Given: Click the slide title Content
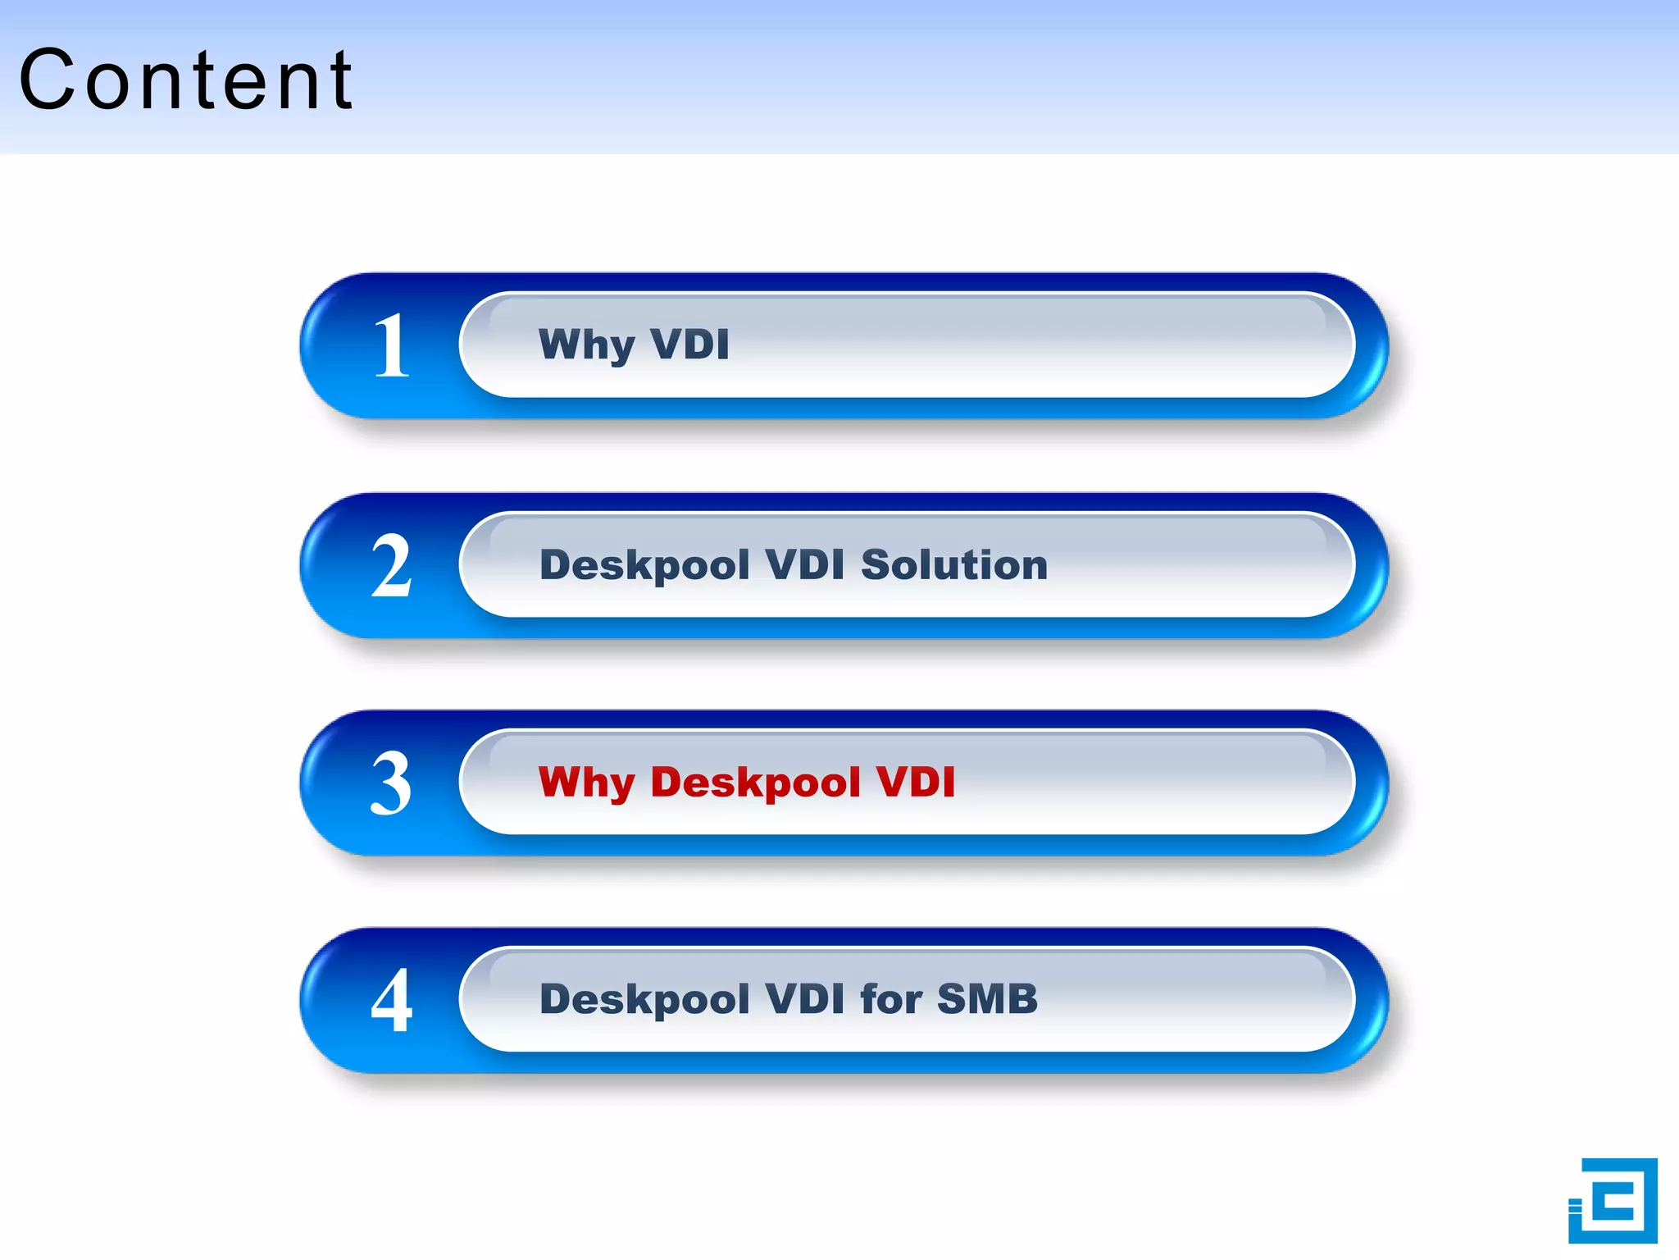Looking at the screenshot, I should point(186,80).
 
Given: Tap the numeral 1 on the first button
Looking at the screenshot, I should point(391,346).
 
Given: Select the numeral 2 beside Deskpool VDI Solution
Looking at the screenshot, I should point(391,566).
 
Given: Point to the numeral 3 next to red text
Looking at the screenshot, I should point(391,783).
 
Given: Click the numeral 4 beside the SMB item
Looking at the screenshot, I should point(391,1000).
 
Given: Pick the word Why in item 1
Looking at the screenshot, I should point(585,345).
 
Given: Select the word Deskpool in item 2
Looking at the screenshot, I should point(644,566).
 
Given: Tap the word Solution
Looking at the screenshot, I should point(954,565).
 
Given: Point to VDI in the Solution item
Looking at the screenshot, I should point(804,565).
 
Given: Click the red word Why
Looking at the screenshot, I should point(585,783).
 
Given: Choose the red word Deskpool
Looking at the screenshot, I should point(755,783).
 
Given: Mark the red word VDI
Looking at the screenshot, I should point(916,782).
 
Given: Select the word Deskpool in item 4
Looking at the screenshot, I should point(644,1000).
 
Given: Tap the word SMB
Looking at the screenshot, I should point(987,999).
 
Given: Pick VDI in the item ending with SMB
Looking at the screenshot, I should point(804,999).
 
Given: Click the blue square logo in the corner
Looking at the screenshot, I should point(1613,1201).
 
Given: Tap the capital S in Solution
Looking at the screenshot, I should point(877,565).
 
